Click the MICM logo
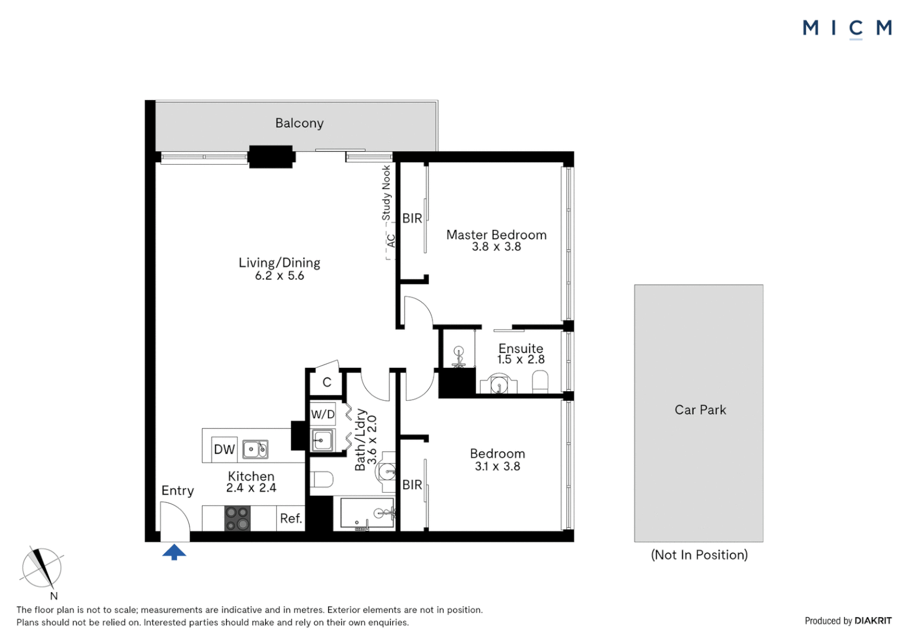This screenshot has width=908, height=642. (847, 28)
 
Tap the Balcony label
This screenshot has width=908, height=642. (299, 123)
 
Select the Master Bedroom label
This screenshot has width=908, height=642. (496, 235)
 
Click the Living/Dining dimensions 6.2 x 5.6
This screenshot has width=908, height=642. (279, 276)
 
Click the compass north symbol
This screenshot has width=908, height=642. (42, 568)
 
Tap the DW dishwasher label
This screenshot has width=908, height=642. (224, 449)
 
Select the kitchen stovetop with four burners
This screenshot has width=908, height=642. (237, 518)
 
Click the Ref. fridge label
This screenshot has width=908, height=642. (291, 518)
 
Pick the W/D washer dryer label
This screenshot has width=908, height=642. (323, 414)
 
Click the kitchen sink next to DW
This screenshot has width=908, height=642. (256, 449)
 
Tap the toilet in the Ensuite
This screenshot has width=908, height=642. (540, 381)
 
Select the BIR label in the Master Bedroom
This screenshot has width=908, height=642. (412, 218)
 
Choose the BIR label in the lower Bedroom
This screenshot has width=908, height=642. (412, 484)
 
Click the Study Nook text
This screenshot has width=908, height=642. (386, 193)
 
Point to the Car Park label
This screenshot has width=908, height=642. (700, 410)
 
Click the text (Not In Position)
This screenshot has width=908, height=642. (699, 555)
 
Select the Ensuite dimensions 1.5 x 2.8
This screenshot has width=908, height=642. (521, 360)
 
